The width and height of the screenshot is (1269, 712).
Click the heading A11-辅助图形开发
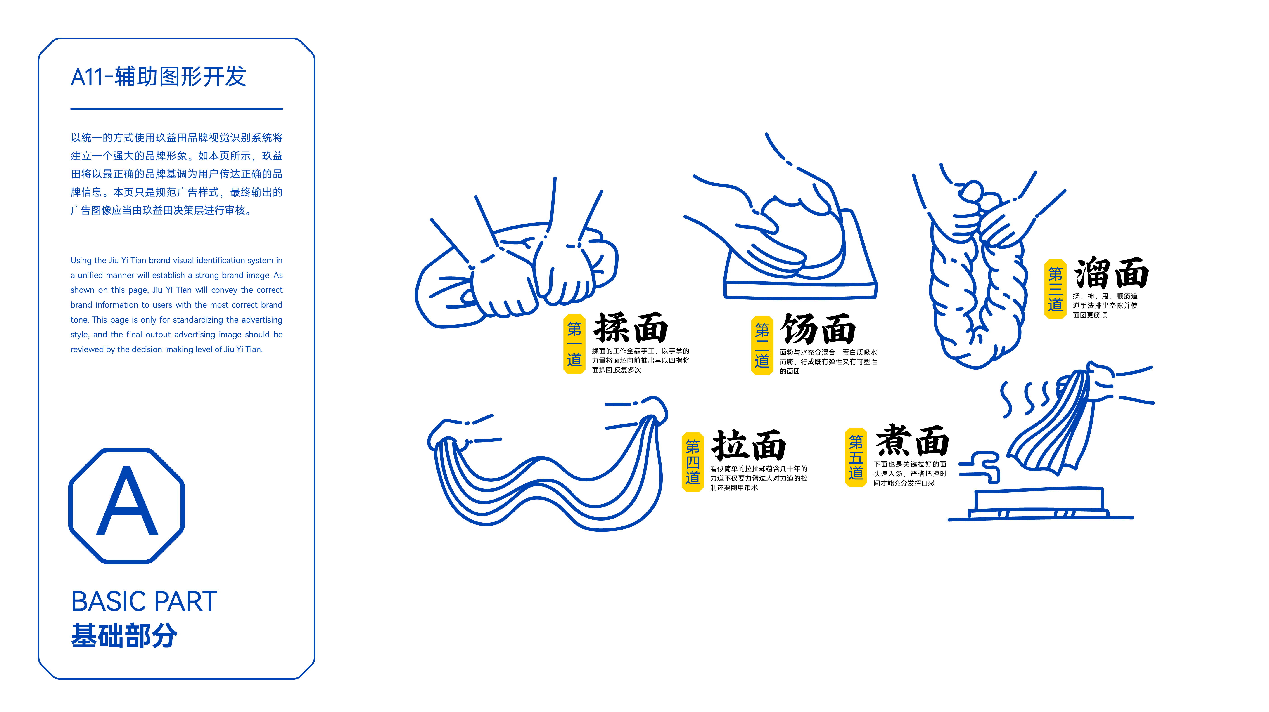coord(158,77)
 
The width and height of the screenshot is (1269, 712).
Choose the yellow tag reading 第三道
coord(1055,289)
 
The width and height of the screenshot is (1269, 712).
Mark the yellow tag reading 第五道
coord(856,457)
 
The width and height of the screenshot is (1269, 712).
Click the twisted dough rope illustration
coord(978,276)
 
